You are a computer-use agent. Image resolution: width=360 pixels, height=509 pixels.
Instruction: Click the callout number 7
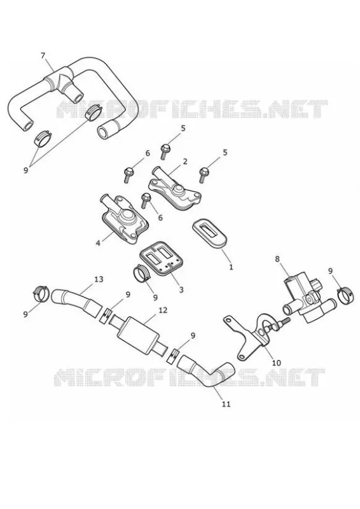coord(43,55)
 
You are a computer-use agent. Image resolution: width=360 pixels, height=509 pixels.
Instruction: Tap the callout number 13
coord(99,279)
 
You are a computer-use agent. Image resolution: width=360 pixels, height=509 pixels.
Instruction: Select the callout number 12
coord(163,310)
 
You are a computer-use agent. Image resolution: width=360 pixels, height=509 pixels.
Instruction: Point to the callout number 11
coord(226,404)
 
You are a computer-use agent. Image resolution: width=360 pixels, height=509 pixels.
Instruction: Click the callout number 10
coord(276,363)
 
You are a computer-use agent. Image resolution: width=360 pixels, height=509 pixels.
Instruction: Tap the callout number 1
coord(231,267)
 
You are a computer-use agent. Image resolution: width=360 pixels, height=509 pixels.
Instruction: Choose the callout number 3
coord(181,289)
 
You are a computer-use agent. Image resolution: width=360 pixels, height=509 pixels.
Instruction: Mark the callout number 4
coord(98,242)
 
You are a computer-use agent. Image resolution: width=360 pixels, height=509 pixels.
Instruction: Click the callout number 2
coord(185,162)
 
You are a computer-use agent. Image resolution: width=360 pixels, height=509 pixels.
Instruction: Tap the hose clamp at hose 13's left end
coord(42,294)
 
